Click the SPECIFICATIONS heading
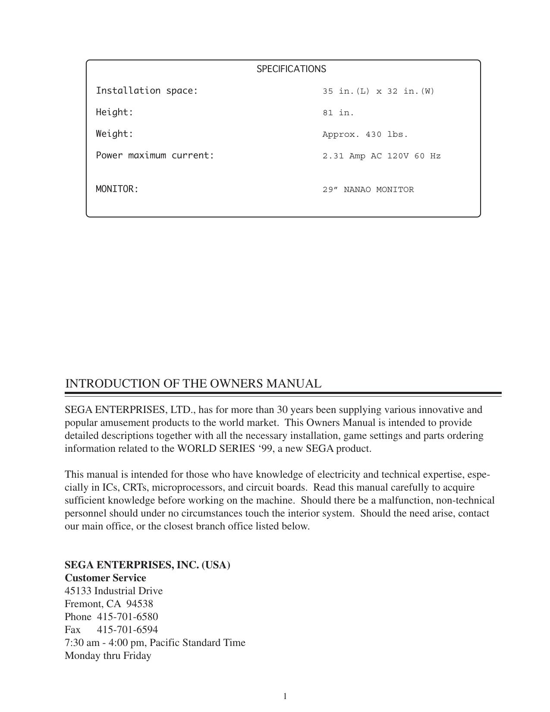point(291,69)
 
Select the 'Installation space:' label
point(147,91)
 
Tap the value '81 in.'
point(338,113)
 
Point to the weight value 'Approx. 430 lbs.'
point(365,135)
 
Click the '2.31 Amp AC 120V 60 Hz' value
point(381,156)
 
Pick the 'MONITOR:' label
point(117,189)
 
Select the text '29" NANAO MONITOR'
point(368,190)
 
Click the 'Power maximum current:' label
point(155,155)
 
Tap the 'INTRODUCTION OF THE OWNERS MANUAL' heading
point(193,384)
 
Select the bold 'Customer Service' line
point(105,578)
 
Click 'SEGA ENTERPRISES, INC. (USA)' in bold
point(147,565)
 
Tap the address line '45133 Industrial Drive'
point(113,591)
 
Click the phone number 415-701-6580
point(127,617)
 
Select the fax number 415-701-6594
point(127,630)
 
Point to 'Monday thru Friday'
point(108,655)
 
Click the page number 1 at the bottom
point(285,696)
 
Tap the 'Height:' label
point(114,112)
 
